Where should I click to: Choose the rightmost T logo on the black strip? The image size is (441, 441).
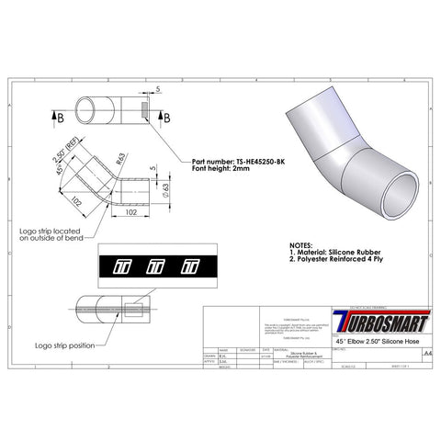189,267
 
